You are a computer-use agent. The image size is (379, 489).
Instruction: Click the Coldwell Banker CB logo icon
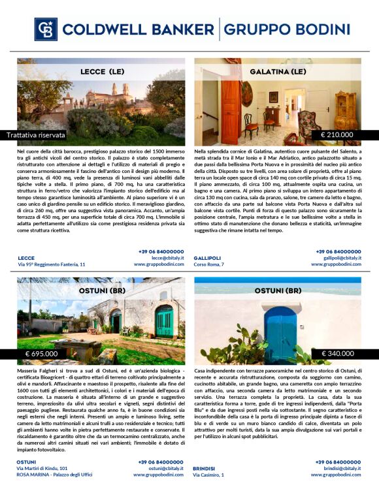click(x=45, y=29)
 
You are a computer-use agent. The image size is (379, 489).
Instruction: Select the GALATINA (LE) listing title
click(x=277, y=71)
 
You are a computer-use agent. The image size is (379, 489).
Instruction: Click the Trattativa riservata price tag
click(x=36, y=135)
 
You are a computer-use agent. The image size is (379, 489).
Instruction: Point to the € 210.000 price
click(x=337, y=135)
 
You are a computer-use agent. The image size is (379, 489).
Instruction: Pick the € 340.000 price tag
click(x=337, y=354)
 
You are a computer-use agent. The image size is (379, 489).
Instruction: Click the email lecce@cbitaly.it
click(x=168, y=258)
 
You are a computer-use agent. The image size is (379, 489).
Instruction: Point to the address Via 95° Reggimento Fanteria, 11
click(x=52, y=264)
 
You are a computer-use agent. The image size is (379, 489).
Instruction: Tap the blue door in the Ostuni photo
click(x=280, y=333)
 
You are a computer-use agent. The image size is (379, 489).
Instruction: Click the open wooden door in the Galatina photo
click(x=230, y=111)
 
